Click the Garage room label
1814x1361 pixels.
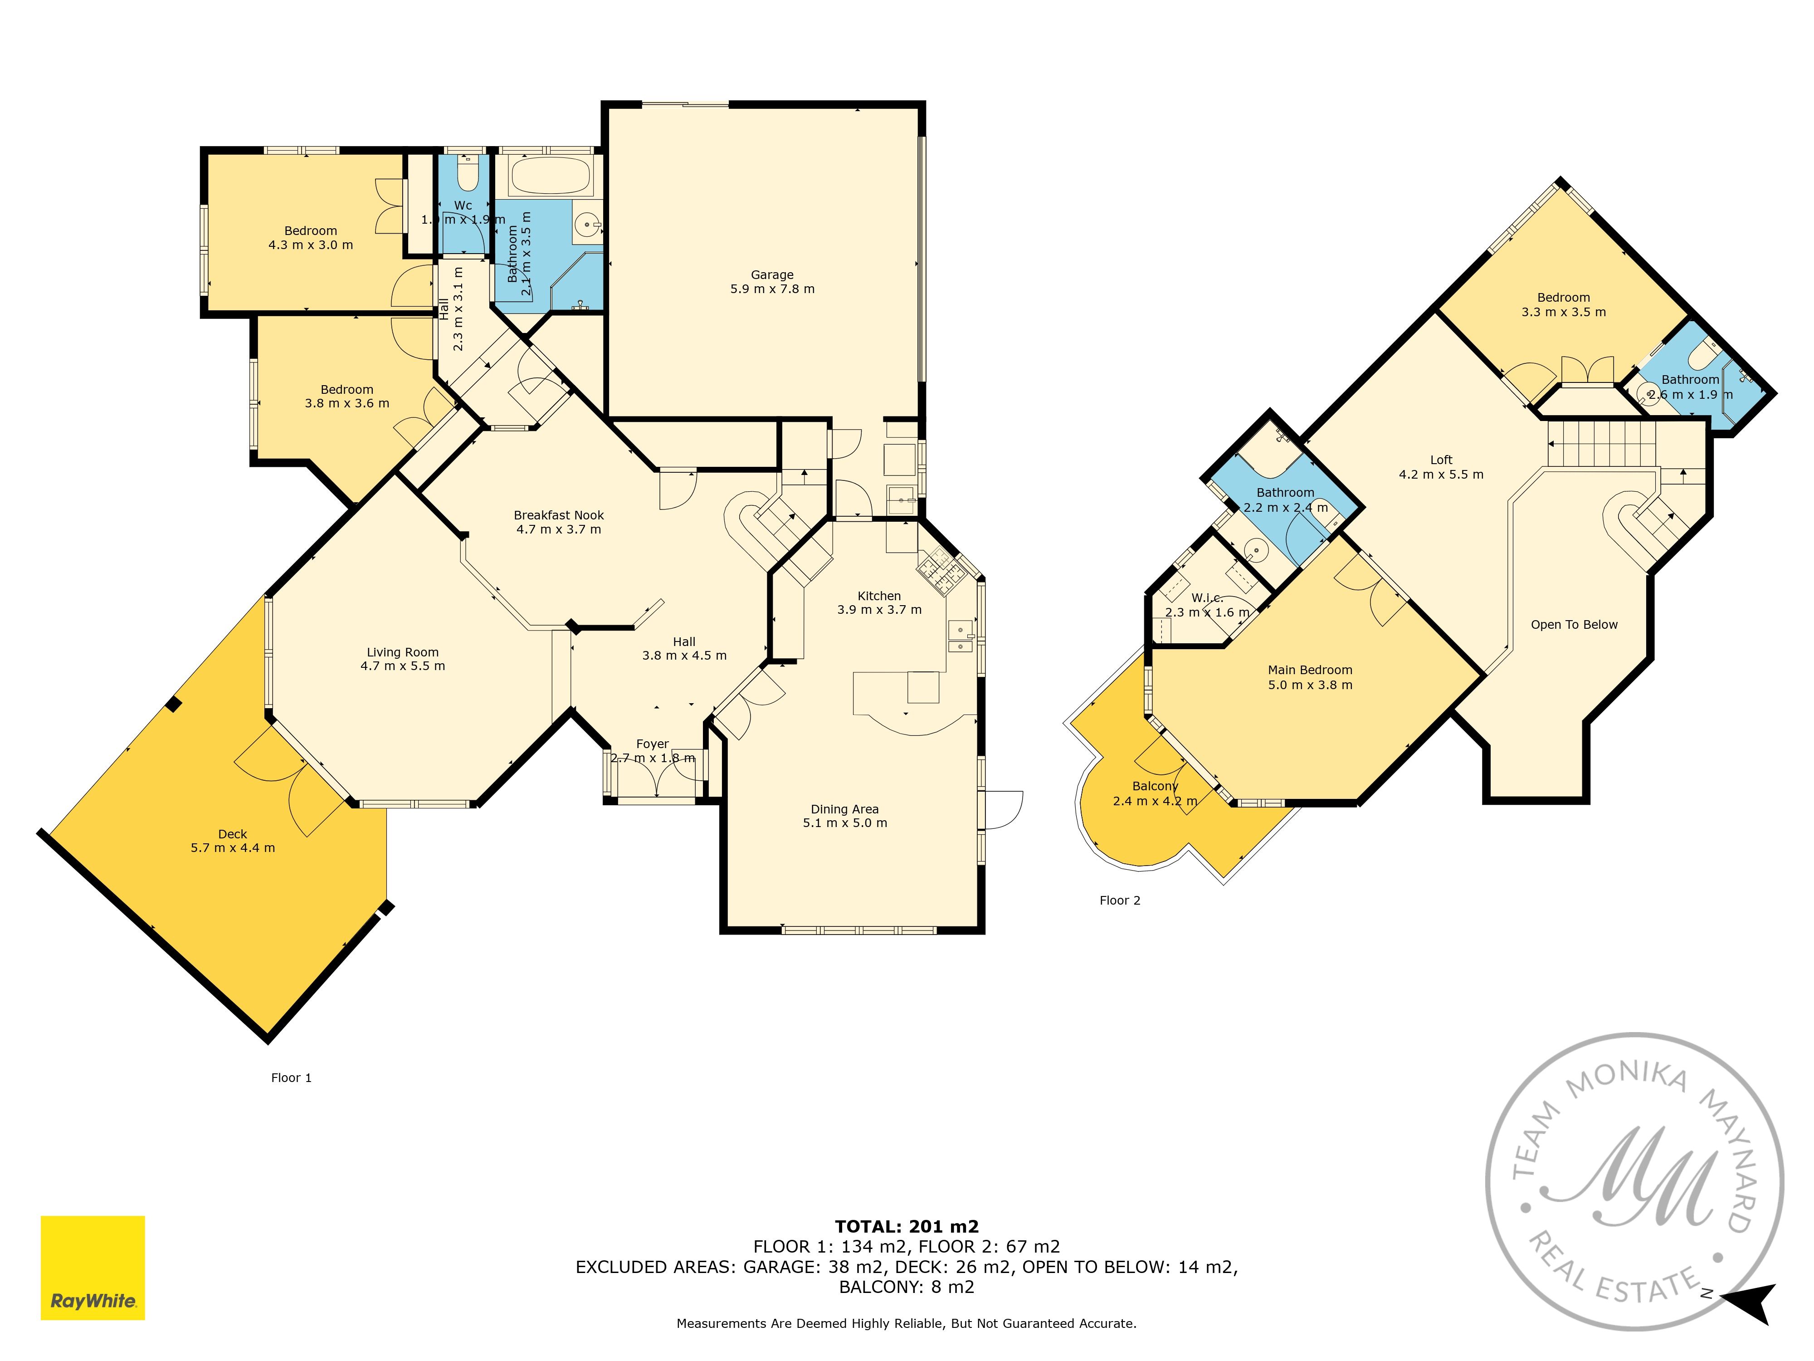pyautogui.click(x=772, y=275)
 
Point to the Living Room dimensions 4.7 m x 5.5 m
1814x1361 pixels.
pyautogui.click(x=403, y=666)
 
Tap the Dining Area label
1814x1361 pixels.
pyautogui.click(x=845, y=809)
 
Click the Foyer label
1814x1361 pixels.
pyautogui.click(x=653, y=744)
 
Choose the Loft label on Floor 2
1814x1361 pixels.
pyautogui.click(x=1441, y=460)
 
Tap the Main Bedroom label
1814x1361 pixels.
pyautogui.click(x=1310, y=670)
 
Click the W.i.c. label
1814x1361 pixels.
pyautogui.click(x=1207, y=598)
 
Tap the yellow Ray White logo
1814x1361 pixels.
pyautogui.click(x=93, y=1268)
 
